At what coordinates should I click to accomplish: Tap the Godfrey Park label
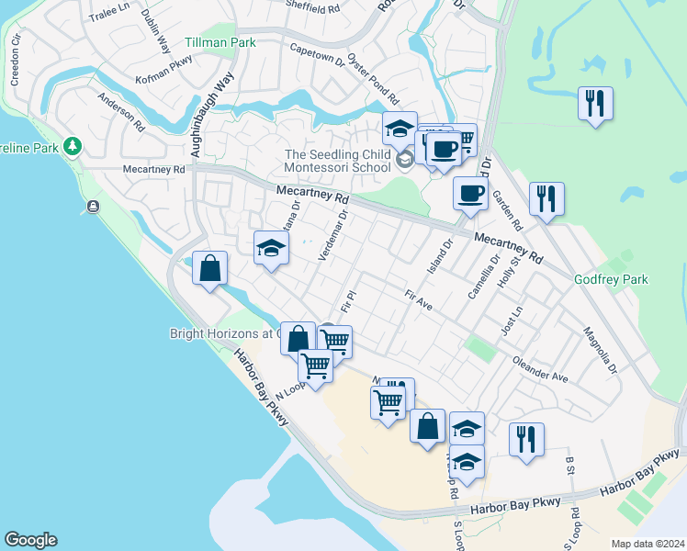click(x=611, y=279)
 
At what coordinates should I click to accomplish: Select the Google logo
click(x=29, y=540)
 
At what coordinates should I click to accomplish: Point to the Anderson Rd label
click(x=122, y=109)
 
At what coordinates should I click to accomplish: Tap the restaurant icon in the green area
click(x=595, y=103)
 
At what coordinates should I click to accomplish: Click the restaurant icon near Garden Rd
click(x=546, y=198)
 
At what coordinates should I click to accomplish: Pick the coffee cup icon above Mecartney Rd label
click(x=470, y=193)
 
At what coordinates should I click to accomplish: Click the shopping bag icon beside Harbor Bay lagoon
click(x=209, y=269)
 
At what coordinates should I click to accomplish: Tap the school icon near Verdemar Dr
click(x=270, y=248)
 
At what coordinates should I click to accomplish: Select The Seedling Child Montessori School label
click(x=339, y=162)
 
